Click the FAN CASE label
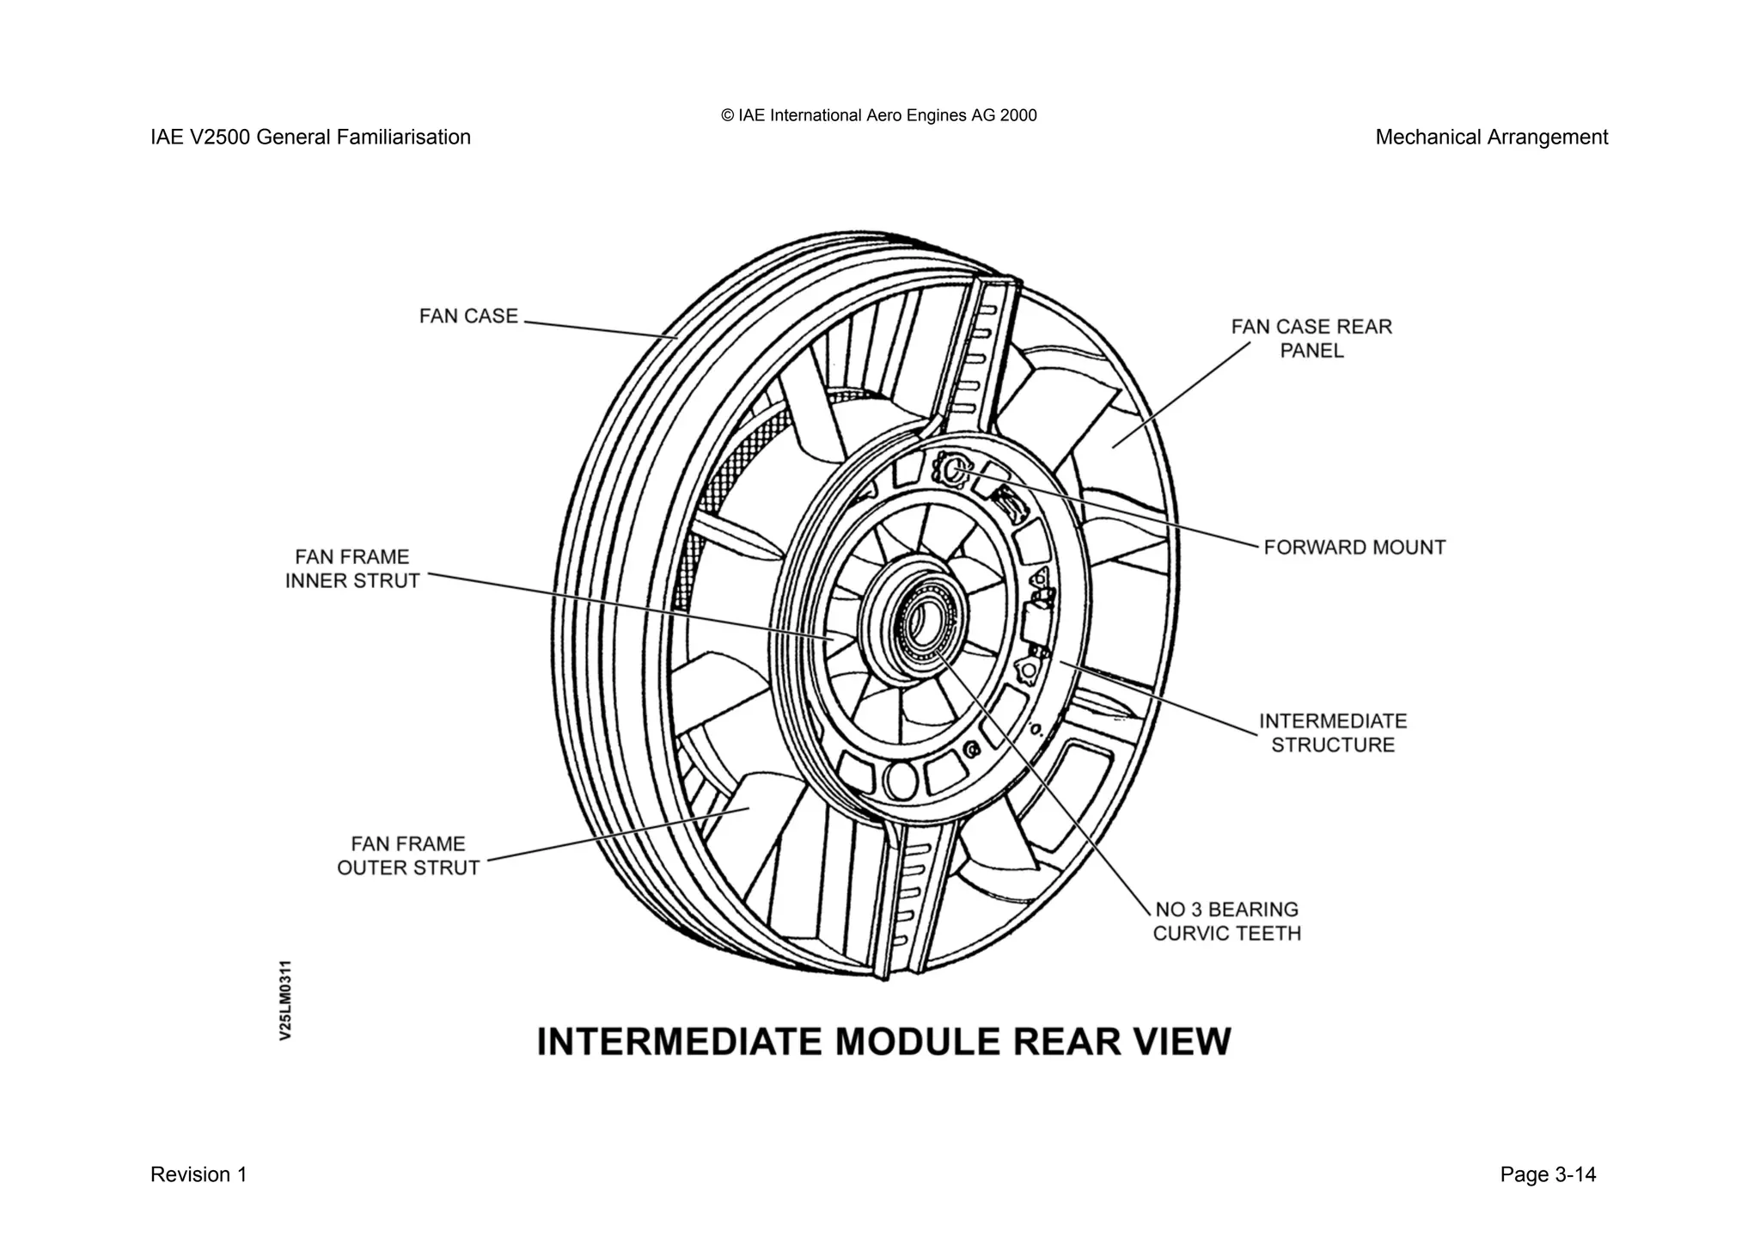(x=468, y=316)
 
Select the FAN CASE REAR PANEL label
(x=1311, y=339)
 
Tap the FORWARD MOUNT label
(x=1354, y=548)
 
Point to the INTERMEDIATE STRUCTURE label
(x=1333, y=733)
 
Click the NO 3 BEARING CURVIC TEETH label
(x=1226, y=922)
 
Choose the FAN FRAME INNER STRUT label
(x=352, y=569)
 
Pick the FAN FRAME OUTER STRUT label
(x=408, y=856)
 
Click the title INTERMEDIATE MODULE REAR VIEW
(x=883, y=1041)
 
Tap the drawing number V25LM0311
(x=286, y=1000)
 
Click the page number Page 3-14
(x=1548, y=1174)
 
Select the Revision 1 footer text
(x=199, y=1174)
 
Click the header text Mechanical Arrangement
(x=1491, y=138)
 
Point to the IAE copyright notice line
(x=879, y=115)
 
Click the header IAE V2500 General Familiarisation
(x=310, y=138)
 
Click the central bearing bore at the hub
(x=923, y=621)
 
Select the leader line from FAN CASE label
(x=602, y=330)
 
